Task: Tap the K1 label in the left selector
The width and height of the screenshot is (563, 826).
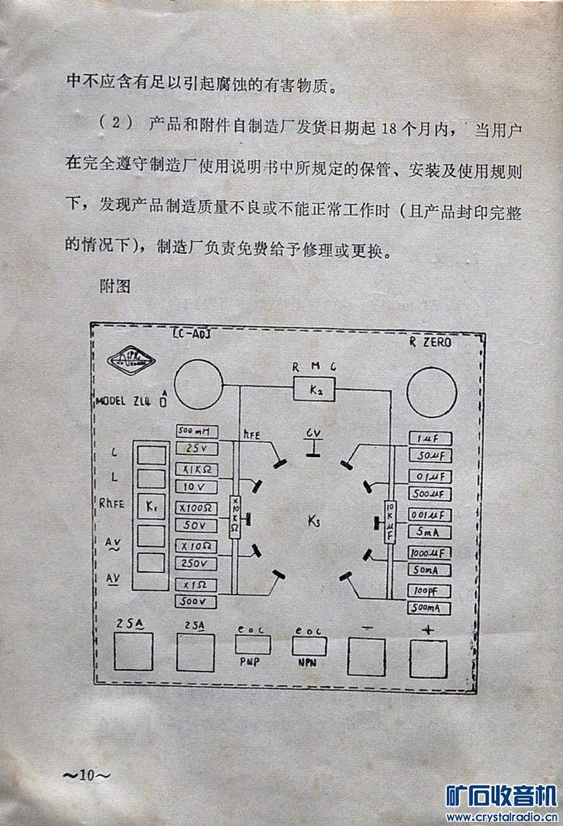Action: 153,505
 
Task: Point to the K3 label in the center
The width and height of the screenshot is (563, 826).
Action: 314,521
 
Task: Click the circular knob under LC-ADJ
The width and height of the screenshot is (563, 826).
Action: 198,384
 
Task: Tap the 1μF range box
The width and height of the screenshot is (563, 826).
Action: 429,438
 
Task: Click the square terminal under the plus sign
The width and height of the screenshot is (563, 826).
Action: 429,659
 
